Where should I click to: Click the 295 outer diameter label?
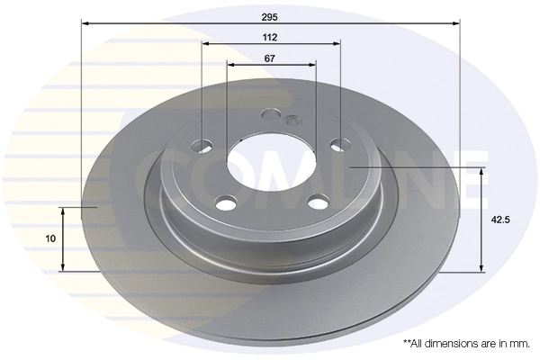pos(269,17)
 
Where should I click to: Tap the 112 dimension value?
pos(270,37)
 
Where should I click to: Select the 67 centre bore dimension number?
pos(270,58)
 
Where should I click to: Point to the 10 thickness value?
pos(50,238)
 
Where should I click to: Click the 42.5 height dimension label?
pos(500,220)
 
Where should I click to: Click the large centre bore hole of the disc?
pos(272,162)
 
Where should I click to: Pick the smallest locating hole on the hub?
pos(292,121)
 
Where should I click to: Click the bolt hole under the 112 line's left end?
pos(202,146)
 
